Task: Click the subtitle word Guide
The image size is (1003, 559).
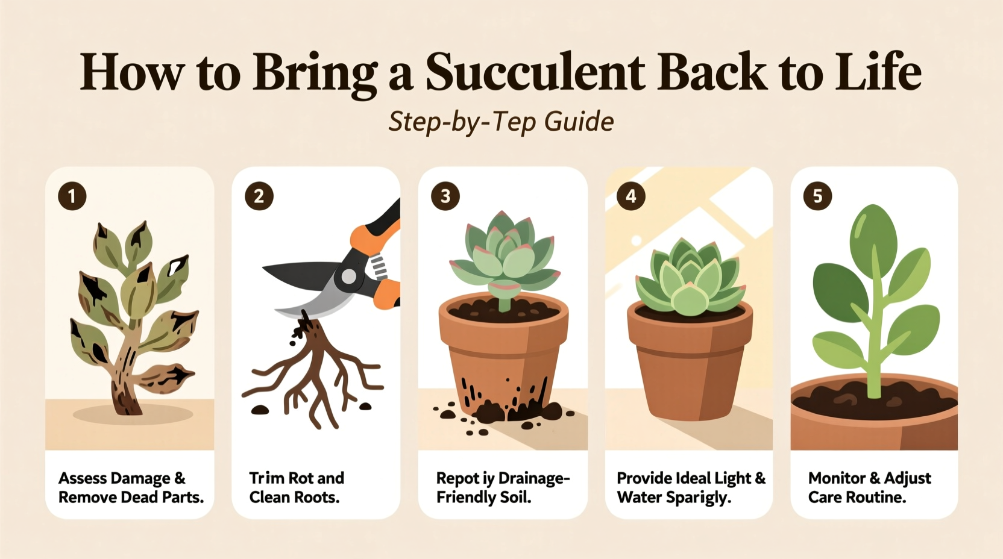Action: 579,122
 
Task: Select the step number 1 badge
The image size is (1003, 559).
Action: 72,196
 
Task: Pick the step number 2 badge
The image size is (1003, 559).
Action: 259,196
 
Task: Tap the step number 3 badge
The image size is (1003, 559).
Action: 445,196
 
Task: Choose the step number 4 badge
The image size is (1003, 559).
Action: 631,196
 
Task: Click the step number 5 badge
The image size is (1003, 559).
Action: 817,196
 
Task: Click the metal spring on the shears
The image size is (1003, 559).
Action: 377,266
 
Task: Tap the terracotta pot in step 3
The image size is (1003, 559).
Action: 503,355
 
